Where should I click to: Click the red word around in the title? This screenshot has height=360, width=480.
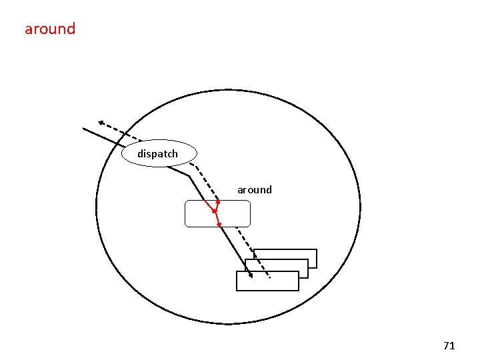tap(50, 29)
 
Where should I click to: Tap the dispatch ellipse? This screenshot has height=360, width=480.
tap(160, 153)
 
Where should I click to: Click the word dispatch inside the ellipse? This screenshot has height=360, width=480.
tap(158, 154)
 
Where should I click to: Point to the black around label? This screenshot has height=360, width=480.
tap(255, 190)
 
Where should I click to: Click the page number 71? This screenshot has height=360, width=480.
tap(449, 345)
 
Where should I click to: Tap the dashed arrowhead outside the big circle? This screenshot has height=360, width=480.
tap(101, 123)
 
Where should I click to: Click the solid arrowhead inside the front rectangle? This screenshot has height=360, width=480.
tap(250, 274)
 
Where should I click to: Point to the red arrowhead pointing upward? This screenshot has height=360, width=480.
tap(218, 202)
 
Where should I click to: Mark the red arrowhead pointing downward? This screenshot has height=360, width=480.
tap(219, 225)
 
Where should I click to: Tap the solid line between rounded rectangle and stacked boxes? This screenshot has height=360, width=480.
tap(235, 251)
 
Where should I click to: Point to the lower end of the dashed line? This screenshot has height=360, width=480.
tap(269, 277)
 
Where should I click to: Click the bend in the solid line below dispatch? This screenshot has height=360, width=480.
tap(189, 177)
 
